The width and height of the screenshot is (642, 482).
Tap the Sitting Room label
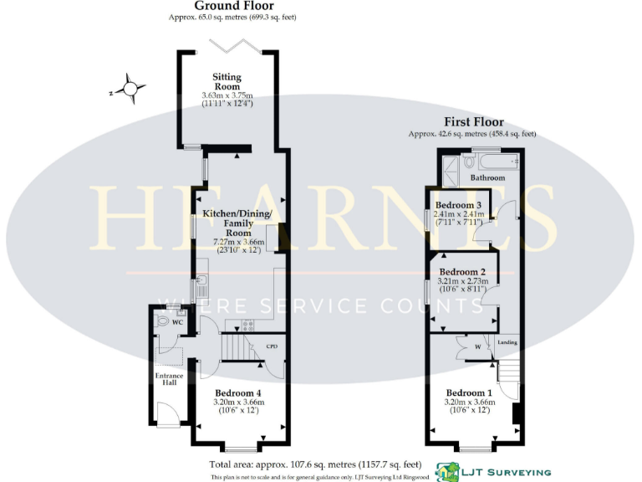pos(227,82)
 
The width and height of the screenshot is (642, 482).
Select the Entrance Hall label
pos(169,381)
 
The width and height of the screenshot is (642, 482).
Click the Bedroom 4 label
pos(238,393)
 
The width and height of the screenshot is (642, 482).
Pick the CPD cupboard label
pos(272,346)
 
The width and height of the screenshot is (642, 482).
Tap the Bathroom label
pos(487,178)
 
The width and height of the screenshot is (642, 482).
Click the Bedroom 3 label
pos(458,206)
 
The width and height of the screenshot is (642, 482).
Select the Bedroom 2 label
pos(462,272)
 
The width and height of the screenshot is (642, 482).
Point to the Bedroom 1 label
pos(469,393)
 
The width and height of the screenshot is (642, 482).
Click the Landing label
pos(507,343)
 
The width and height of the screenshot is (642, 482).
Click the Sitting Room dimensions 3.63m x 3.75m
pos(227,96)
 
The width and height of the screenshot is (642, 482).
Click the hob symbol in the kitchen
pos(247,325)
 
